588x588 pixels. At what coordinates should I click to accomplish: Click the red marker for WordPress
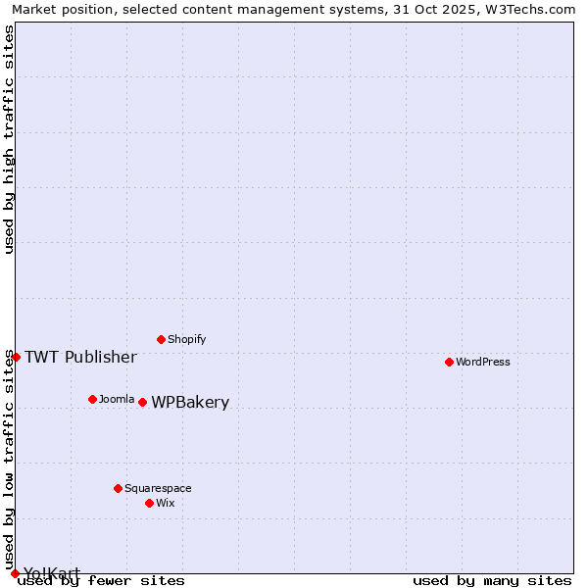tap(450, 362)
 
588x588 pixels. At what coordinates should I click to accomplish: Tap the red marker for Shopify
tap(162, 339)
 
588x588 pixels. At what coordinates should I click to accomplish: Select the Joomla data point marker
tap(93, 399)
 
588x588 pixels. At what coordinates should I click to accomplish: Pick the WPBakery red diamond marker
tap(143, 402)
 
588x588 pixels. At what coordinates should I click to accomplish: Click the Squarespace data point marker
tap(119, 488)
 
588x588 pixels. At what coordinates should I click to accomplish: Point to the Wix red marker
tap(150, 503)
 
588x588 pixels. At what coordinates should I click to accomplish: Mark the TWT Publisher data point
tap(16, 357)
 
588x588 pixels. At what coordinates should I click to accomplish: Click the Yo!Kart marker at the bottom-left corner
tap(15, 573)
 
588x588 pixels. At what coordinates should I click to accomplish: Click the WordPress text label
tap(483, 362)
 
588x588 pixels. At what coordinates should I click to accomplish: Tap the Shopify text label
tap(187, 339)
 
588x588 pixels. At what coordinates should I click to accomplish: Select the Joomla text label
tap(117, 399)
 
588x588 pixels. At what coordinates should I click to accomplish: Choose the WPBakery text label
tap(190, 402)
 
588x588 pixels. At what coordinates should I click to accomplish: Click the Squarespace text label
tap(158, 488)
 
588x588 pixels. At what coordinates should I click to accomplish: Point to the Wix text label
tap(166, 503)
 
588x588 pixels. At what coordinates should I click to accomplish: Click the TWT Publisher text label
tap(80, 357)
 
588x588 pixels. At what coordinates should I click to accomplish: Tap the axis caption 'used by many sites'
tap(492, 580)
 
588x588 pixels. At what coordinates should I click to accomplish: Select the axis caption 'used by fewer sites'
tap(102, 580)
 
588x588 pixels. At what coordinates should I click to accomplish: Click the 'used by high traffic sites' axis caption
tap(9, 139)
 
